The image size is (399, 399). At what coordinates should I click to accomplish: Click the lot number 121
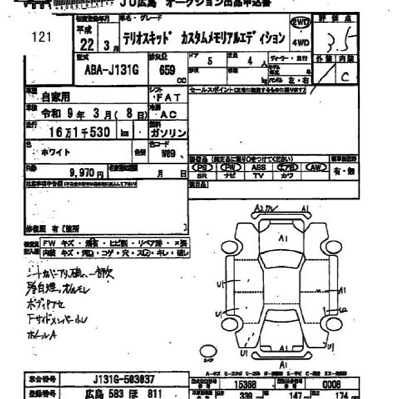coord(42,38)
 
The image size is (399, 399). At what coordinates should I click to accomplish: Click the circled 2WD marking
coord(300,23)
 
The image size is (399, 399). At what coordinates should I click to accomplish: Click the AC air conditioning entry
coord(169,114)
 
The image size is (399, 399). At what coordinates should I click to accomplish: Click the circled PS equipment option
coord(202,168)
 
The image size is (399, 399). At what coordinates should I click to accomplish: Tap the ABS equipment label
coord(258,168)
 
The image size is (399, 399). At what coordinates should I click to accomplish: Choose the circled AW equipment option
coord(315,168)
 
